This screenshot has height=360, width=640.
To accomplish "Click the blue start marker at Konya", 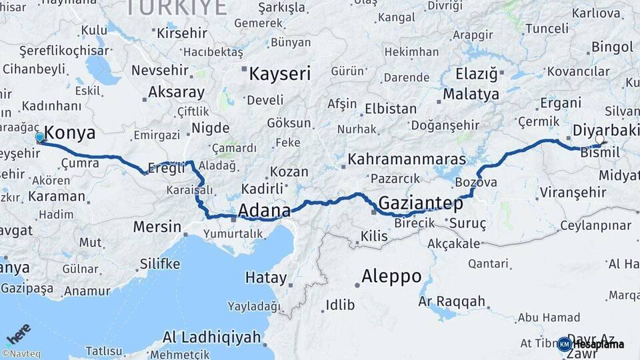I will [40, 137].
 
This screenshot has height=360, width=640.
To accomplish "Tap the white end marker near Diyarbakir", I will [599, 139].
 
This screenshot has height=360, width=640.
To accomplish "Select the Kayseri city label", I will [280, 73].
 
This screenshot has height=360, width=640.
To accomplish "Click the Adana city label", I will [264, 211].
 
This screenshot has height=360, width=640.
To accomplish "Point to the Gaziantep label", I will [411, 202].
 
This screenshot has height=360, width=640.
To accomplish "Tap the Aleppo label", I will [391, 276].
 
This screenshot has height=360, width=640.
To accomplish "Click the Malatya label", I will [471, 94].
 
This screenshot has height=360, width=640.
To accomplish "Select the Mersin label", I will [157, 227].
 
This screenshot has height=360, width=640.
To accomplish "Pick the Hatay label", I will [266, 277].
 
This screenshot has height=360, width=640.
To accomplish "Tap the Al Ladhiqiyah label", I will [211, 337].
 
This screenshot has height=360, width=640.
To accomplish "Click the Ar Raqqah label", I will [452, 301].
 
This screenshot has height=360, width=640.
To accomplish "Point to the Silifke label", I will [160, 264].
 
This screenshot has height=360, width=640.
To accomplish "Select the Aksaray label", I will [176, 92].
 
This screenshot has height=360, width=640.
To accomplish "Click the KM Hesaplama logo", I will [591, 344].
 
